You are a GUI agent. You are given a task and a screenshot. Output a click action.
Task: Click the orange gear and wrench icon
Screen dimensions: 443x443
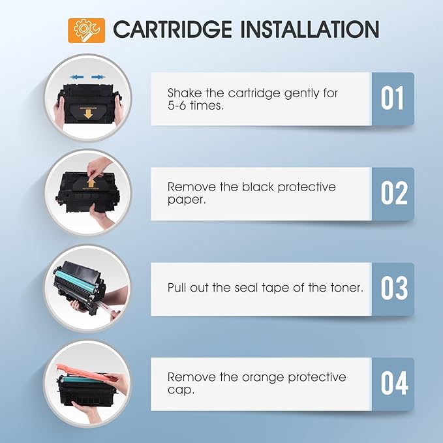point(87,30)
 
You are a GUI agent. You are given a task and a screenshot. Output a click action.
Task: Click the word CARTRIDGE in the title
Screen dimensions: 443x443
point(173,29)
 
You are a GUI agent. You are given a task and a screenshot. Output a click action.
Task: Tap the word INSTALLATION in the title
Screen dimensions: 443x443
point(310,29)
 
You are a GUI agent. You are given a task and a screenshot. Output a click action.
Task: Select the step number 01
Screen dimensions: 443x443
point(392,98)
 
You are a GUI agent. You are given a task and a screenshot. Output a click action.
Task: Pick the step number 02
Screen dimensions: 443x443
point(394,193)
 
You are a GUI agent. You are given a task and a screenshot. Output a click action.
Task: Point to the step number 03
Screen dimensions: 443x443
point(394,288)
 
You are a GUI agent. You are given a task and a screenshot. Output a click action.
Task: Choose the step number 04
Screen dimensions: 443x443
point(394,384)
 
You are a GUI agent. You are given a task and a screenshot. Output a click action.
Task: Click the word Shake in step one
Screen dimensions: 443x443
point(185,93)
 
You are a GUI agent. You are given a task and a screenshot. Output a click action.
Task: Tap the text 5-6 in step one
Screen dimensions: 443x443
point(177,106)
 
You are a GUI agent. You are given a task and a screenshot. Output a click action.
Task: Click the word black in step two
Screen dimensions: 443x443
point(258,187)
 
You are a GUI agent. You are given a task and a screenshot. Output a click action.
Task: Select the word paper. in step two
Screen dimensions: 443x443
point(187,200)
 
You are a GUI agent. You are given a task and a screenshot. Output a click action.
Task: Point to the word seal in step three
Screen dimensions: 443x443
point(246,288)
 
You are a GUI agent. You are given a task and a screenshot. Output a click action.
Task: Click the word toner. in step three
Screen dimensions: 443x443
point(346,288)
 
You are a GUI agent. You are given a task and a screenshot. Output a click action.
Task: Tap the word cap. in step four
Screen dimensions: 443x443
point(181,390)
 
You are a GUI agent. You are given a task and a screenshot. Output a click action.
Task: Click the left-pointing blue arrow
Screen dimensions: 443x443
point(77,77)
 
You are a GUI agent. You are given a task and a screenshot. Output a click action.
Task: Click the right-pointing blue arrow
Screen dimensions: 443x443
point(98,77)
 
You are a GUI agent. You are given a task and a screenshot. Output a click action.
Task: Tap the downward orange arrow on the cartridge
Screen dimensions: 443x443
point(88,114)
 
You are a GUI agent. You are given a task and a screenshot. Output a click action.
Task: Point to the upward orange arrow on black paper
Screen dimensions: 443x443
point(91,183)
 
